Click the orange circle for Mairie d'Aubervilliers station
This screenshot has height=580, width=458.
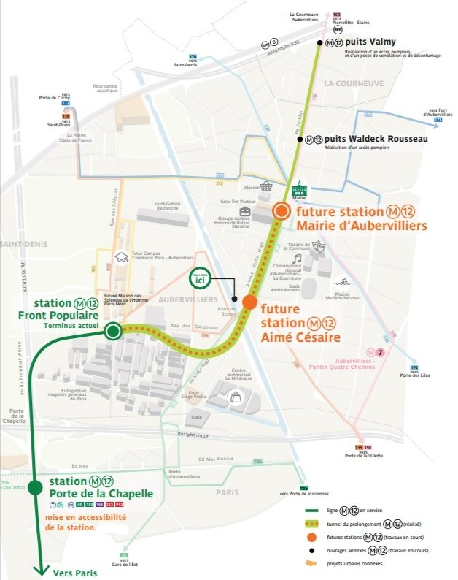[x=281, y=211]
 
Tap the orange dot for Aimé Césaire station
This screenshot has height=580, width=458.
[x=249, y=302]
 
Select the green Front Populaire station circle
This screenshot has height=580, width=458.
[x=112, y=332]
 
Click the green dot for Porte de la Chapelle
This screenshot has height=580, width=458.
[x=35, y=488]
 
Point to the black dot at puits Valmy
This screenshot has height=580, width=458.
[x=319, y=44]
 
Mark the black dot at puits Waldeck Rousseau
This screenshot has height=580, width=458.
[x=299, y=138]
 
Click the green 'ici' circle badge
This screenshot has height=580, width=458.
[x=200, y=278]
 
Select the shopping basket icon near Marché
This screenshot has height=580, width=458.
[x=267, y=186]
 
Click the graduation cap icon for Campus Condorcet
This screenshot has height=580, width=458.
[x=120, y=258]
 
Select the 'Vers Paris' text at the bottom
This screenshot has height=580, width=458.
[x=74, y=573]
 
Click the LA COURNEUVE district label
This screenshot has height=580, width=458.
[x=354, y=83]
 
